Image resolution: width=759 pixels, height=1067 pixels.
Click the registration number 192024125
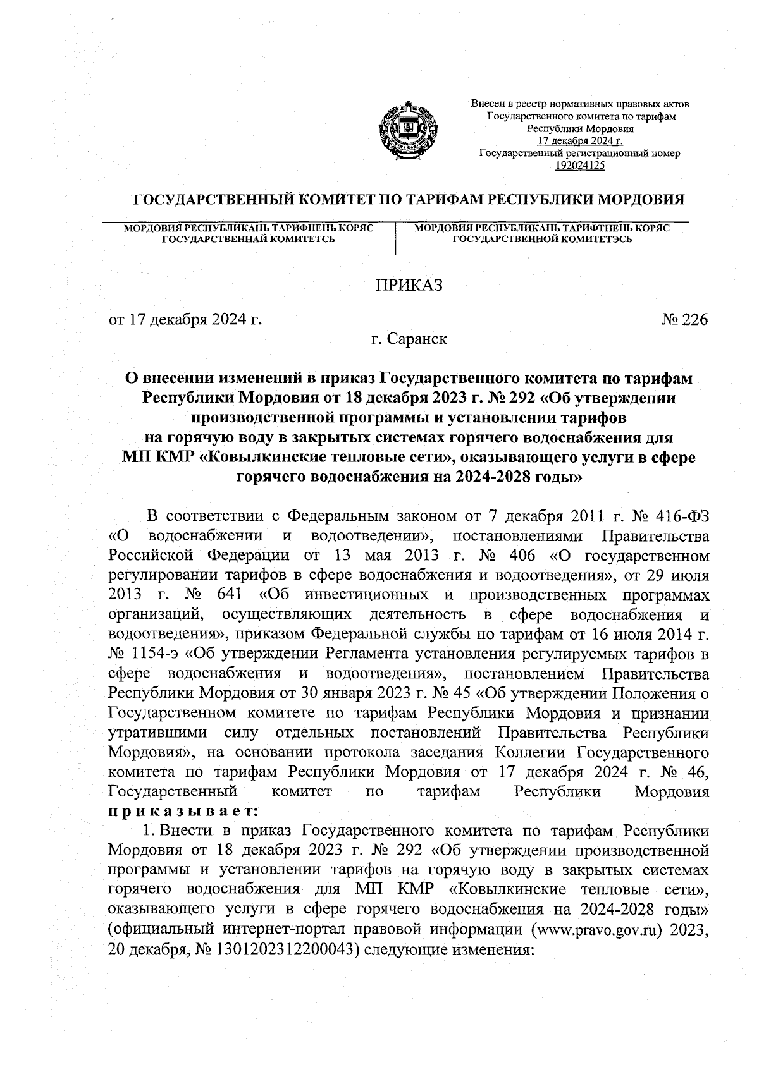click(x=579, y=165)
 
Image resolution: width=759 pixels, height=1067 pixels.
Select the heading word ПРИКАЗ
click(x=409, y=285)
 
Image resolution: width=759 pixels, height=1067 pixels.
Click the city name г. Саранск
click(x=409, y=339)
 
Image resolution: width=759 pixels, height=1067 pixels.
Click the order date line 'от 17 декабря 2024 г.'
click(x=185, y=320)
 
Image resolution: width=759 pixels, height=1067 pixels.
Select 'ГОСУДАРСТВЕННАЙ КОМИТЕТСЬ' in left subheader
click(x=249, y=238)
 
